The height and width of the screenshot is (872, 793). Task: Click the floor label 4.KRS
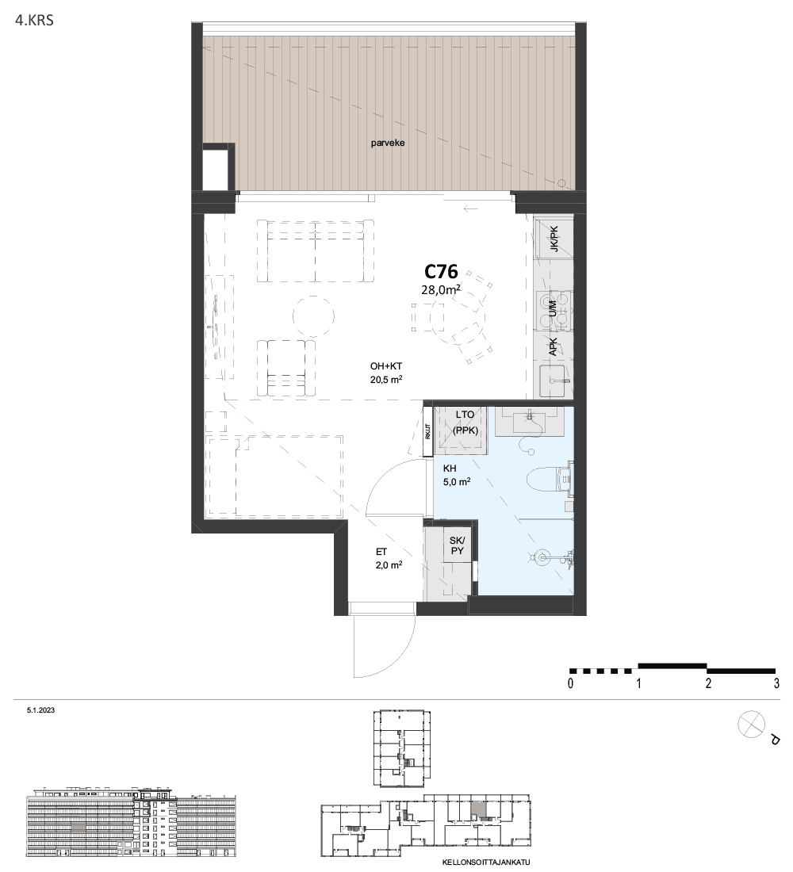[35, 21]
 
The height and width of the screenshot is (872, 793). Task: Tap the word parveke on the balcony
[388, 143]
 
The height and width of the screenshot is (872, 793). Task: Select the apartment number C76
[441, 271]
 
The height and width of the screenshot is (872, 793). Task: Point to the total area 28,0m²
[441, 289]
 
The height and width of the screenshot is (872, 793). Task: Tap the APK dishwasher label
[553, 348]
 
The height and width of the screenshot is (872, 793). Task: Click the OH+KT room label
[386, 366]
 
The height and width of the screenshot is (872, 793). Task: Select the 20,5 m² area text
[386, 380]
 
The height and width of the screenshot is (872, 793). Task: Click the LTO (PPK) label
[465, 423]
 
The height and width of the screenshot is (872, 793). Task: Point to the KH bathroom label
[449, 469]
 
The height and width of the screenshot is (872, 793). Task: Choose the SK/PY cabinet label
[457, 545]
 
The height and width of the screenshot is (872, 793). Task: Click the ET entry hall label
[381, 553]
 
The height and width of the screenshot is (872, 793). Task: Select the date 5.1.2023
[40, 710]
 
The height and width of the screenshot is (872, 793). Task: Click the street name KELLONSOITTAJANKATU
[486, 862]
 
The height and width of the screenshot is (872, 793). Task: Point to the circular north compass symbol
[751, 725]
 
